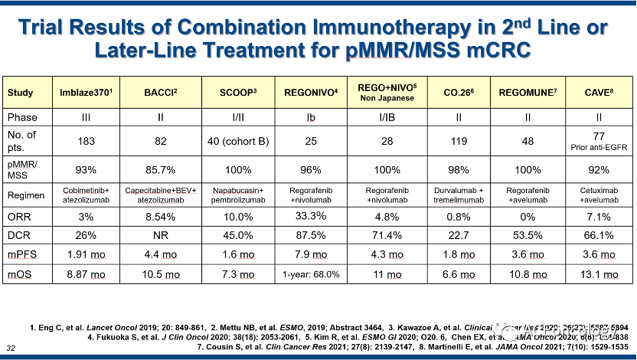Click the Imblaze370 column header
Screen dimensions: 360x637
pos(87,93)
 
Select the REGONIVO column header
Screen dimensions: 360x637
pos(311,93)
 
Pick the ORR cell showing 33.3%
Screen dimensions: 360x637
pos(311,216)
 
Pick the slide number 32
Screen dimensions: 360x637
pos(10,349)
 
